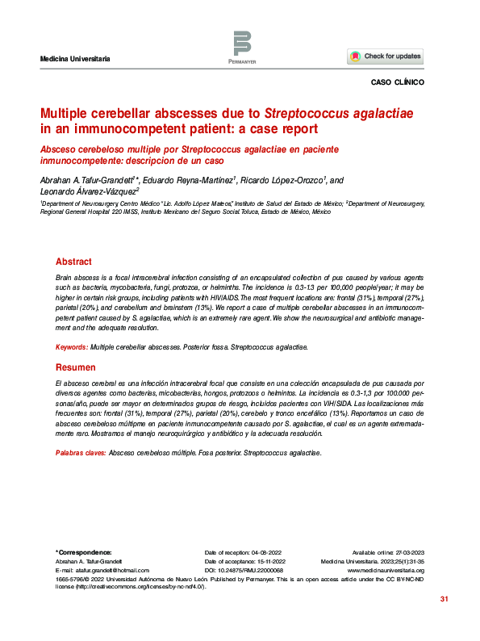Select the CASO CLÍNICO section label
(x=397, y=82)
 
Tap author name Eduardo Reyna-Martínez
(x=190, y=180)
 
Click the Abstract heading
(x=73, y=262)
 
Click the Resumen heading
(x=74, y=367)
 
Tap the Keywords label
(x=71, y=346)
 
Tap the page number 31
(x=443, y=599)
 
